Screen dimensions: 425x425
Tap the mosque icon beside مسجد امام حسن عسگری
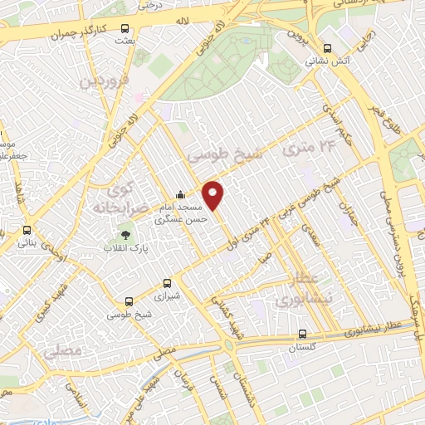(x=180, y=196)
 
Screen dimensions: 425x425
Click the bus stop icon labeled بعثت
(x=125, y=27)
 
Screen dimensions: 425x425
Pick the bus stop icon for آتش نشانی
(x=327, y=47)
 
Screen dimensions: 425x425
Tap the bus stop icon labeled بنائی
(x=27, y=230)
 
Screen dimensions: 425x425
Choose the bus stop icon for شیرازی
(x=169, y=282)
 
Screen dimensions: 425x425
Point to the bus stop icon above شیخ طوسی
(x=128, y=302)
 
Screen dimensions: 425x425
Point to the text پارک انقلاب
(x=122, y=248)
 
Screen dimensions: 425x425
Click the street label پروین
(x=296, y=37)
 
